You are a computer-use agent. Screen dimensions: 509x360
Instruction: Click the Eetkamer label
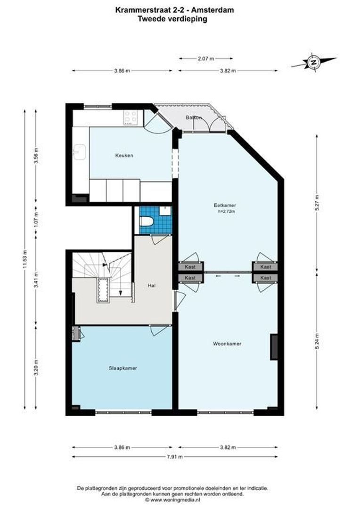[x=224, y=205]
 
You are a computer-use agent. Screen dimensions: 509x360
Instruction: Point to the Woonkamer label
[x=227, y=344]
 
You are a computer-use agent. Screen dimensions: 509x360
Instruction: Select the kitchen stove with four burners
[x=131, y=117]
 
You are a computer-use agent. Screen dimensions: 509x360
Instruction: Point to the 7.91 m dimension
[x=174, y=457]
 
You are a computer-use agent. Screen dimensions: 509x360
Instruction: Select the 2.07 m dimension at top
[x=205, y=58]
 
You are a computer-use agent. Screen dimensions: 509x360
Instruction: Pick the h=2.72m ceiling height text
[x=226, y=212]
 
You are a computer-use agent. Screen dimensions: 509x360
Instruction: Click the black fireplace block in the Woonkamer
[x=273, y=347]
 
